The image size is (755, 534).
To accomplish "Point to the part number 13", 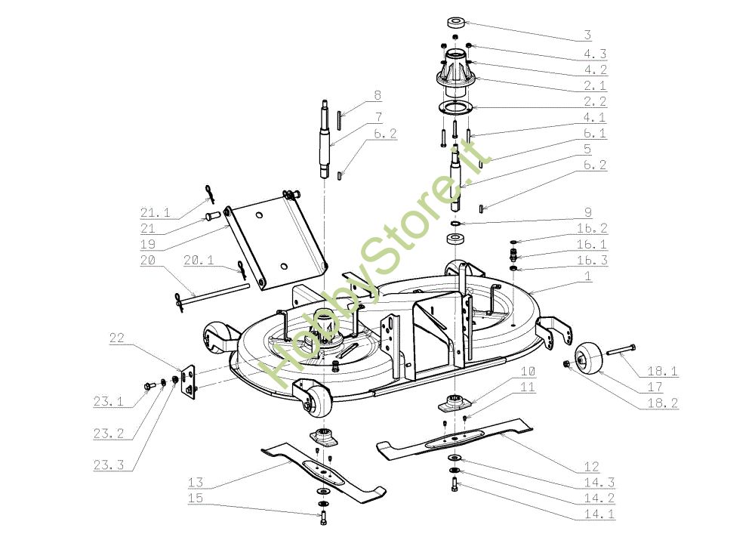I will point(195,482).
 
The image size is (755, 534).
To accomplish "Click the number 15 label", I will point(195,499).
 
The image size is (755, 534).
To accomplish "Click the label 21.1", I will point(154,212).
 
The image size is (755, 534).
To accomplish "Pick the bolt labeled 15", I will point(324,518).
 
